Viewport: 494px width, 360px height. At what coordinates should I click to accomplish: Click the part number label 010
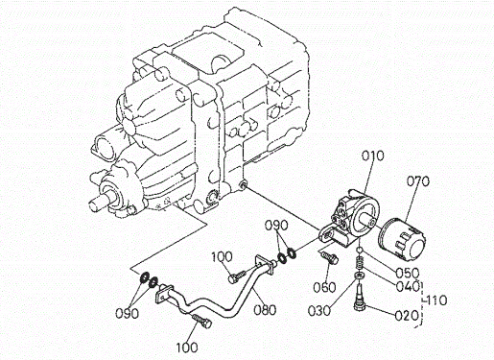pos(372,156)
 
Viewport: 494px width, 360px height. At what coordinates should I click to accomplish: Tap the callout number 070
pos(417,181)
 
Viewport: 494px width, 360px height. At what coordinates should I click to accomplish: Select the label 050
pos(407,273)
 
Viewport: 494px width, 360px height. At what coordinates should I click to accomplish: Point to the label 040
pos(407,286)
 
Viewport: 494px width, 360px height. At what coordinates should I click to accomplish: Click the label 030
pos(319,310)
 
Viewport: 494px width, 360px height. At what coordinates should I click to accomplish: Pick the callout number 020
pos(407,316)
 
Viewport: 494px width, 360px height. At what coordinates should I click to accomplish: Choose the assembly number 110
pos(436,300)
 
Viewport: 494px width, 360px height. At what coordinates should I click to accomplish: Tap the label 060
pos(324,287)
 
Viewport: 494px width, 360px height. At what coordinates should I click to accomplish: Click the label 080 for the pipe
pos(265,310)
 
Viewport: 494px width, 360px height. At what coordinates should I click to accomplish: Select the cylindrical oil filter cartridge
pos(402,237)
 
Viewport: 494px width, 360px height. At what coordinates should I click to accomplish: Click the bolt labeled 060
pos(329,257)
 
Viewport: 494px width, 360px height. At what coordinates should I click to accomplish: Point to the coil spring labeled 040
pos(360,264)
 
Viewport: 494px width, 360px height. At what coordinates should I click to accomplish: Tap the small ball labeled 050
pos(360,251)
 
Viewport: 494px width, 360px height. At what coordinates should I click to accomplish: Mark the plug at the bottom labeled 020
pos(360,297)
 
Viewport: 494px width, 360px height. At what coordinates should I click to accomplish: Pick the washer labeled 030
pos(360,276)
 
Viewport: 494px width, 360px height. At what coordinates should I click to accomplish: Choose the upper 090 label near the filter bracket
pos(276,226)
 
